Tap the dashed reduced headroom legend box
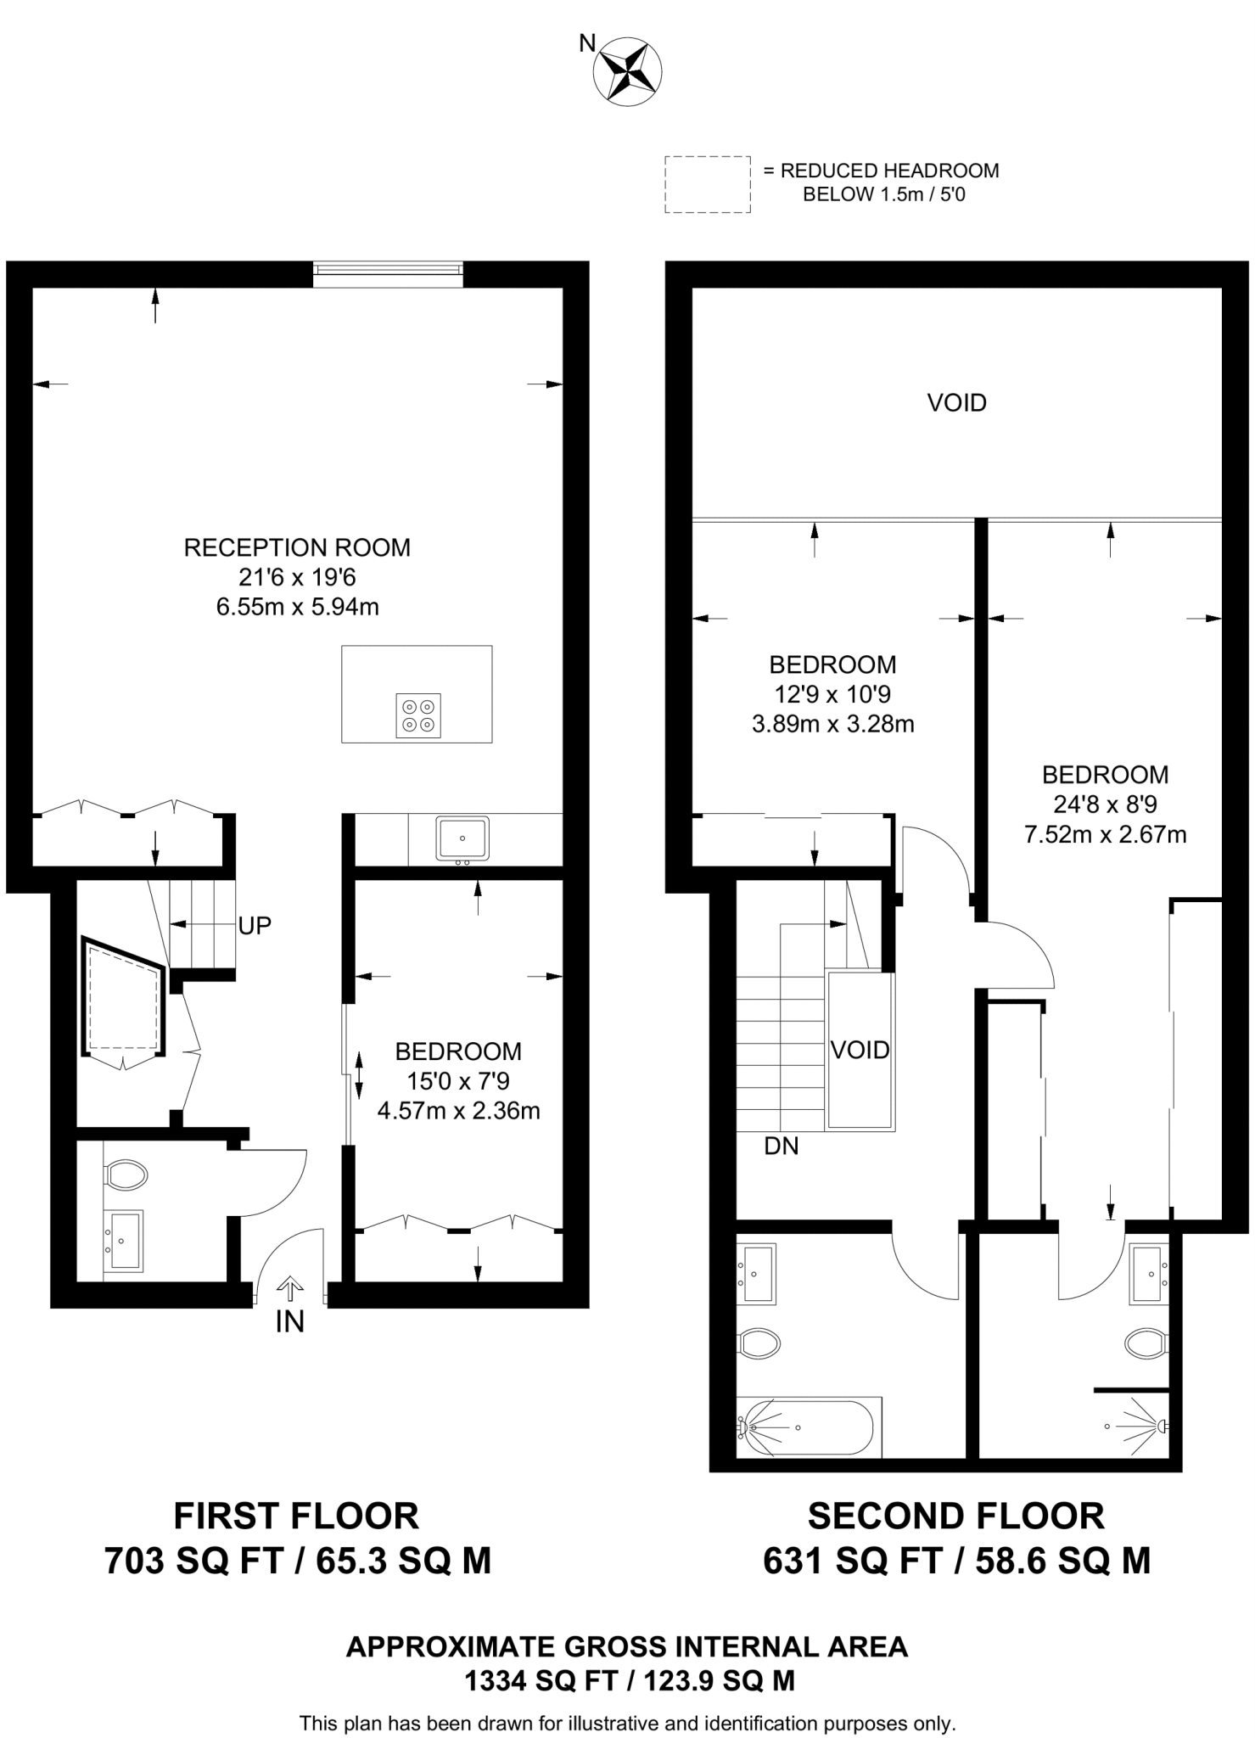coord(707,183)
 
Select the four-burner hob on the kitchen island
coord(418,715)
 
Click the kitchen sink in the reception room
coord(462,838)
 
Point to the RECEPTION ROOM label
coord(297,547)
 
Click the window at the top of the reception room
coord(388,269)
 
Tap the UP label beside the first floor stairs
coord(255,926)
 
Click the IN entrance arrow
coord(290,1290)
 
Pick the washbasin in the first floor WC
coord(126,1240)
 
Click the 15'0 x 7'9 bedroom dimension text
coord(458,1081)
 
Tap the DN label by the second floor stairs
coord(781,1147)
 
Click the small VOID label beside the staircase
coord(860,1050)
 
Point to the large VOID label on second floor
coord(956,402)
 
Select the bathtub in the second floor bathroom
coord(807,1427)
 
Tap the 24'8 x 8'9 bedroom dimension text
coord(1105,804)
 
